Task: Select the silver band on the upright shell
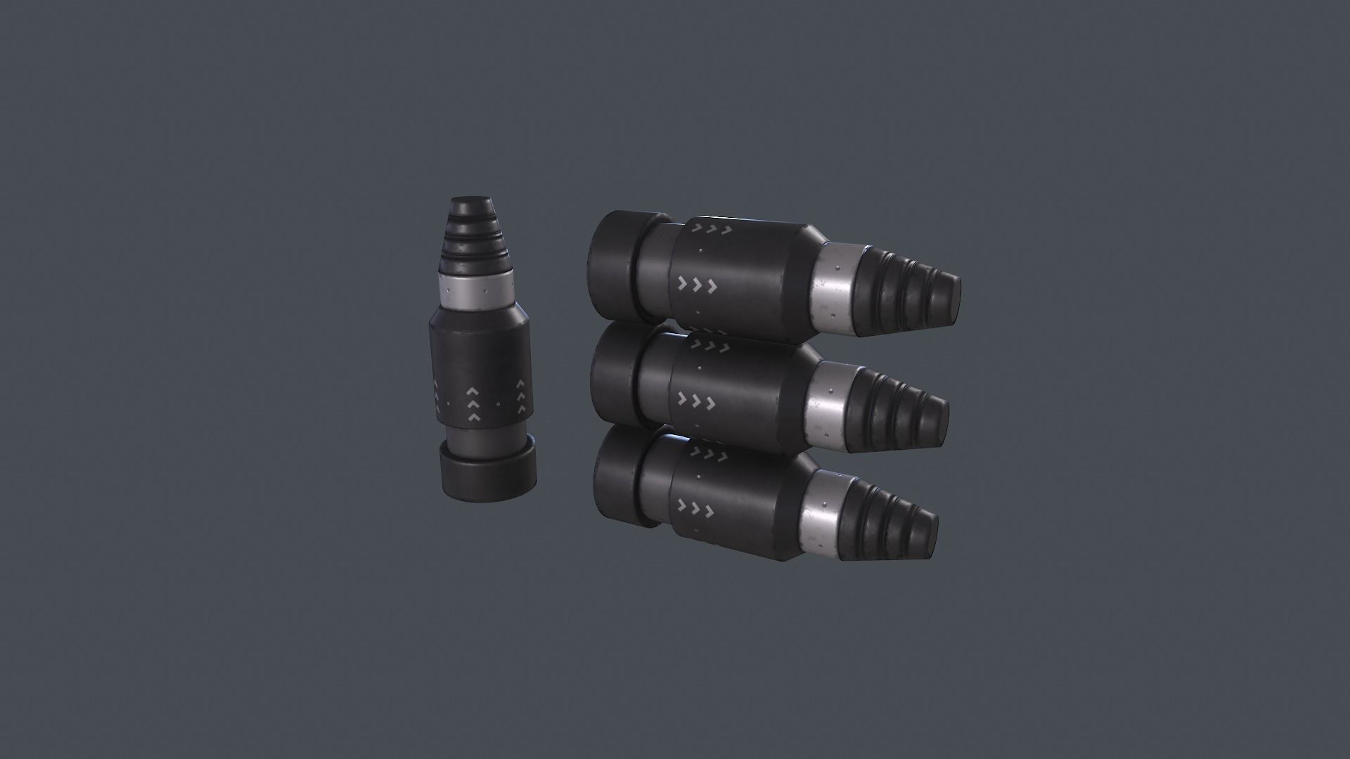[x=472, y=290]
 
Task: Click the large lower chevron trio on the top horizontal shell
[x=696, y=285]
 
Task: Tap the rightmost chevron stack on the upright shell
[x=521, y=397]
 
